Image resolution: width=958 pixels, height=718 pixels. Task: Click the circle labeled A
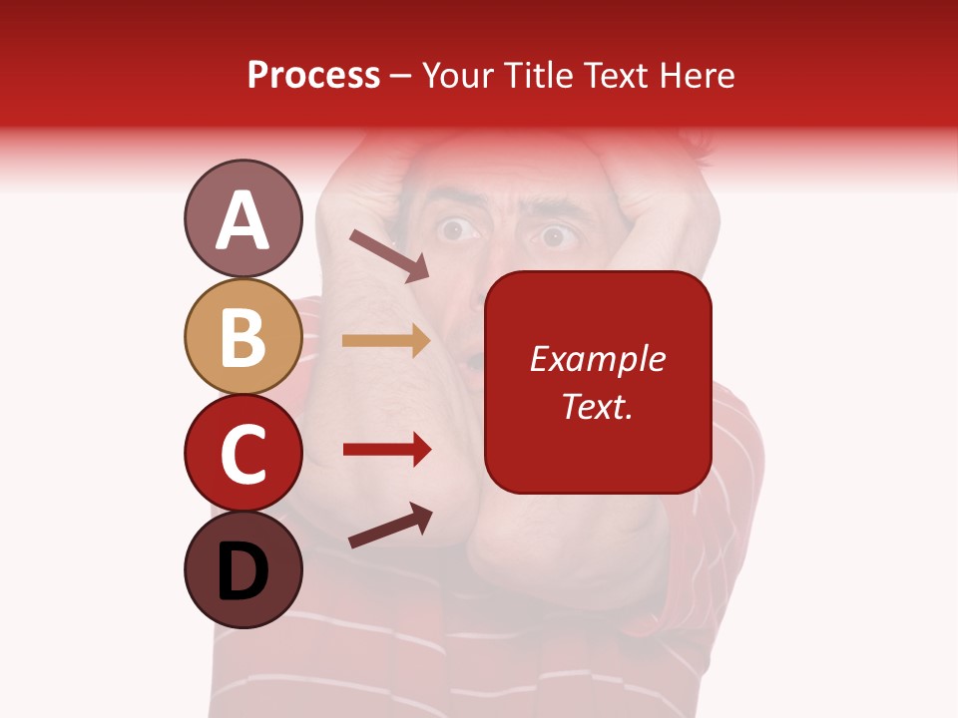click(242, 218)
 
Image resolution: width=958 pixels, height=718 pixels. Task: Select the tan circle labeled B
click(242, 336)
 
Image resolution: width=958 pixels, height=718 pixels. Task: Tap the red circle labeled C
click(242, 453)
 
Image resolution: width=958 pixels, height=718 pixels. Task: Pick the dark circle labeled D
click(242, 569)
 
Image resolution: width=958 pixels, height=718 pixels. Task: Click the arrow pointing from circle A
click(389, 254)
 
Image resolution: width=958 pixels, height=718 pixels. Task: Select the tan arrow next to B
click(386, 341)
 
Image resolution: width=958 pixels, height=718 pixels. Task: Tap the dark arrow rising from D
click(390, 526)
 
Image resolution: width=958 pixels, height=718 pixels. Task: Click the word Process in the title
click(313, 76)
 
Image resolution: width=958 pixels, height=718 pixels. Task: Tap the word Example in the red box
click(597, 359)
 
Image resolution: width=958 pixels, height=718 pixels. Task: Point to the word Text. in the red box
click(597, 406)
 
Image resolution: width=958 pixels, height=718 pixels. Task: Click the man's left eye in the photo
click(457, 231)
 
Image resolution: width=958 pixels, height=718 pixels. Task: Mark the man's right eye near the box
click(555, 238)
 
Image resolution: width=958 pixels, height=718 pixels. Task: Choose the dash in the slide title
click(401, 77)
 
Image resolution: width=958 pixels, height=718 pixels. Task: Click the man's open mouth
click(478, 357)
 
